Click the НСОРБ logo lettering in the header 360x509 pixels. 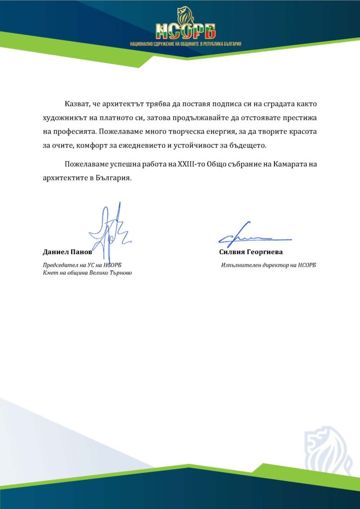(x=185, y=31)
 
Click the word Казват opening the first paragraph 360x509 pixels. (x=77, y=105)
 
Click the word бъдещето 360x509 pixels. (x=249, y=147)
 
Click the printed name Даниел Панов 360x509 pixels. (x=68, y=252)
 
